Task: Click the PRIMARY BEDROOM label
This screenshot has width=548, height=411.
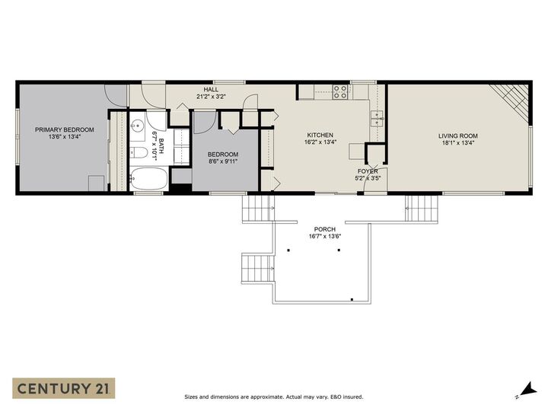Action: point(65,129)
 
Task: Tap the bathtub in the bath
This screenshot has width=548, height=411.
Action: point(149,180)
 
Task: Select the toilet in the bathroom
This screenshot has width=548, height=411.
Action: point(139,152)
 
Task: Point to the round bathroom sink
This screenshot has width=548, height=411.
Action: point(138,126)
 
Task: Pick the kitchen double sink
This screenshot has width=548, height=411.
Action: point(376,118)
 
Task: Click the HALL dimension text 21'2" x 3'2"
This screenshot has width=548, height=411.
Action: point(211,97)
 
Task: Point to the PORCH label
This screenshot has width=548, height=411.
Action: point(325,229)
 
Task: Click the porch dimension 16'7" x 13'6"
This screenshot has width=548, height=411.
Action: point(325,237)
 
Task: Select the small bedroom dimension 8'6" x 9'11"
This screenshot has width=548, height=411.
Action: point(223,161)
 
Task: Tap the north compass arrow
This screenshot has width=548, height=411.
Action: point(523,390)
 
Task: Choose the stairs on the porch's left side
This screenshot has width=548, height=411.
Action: point(257,268)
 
